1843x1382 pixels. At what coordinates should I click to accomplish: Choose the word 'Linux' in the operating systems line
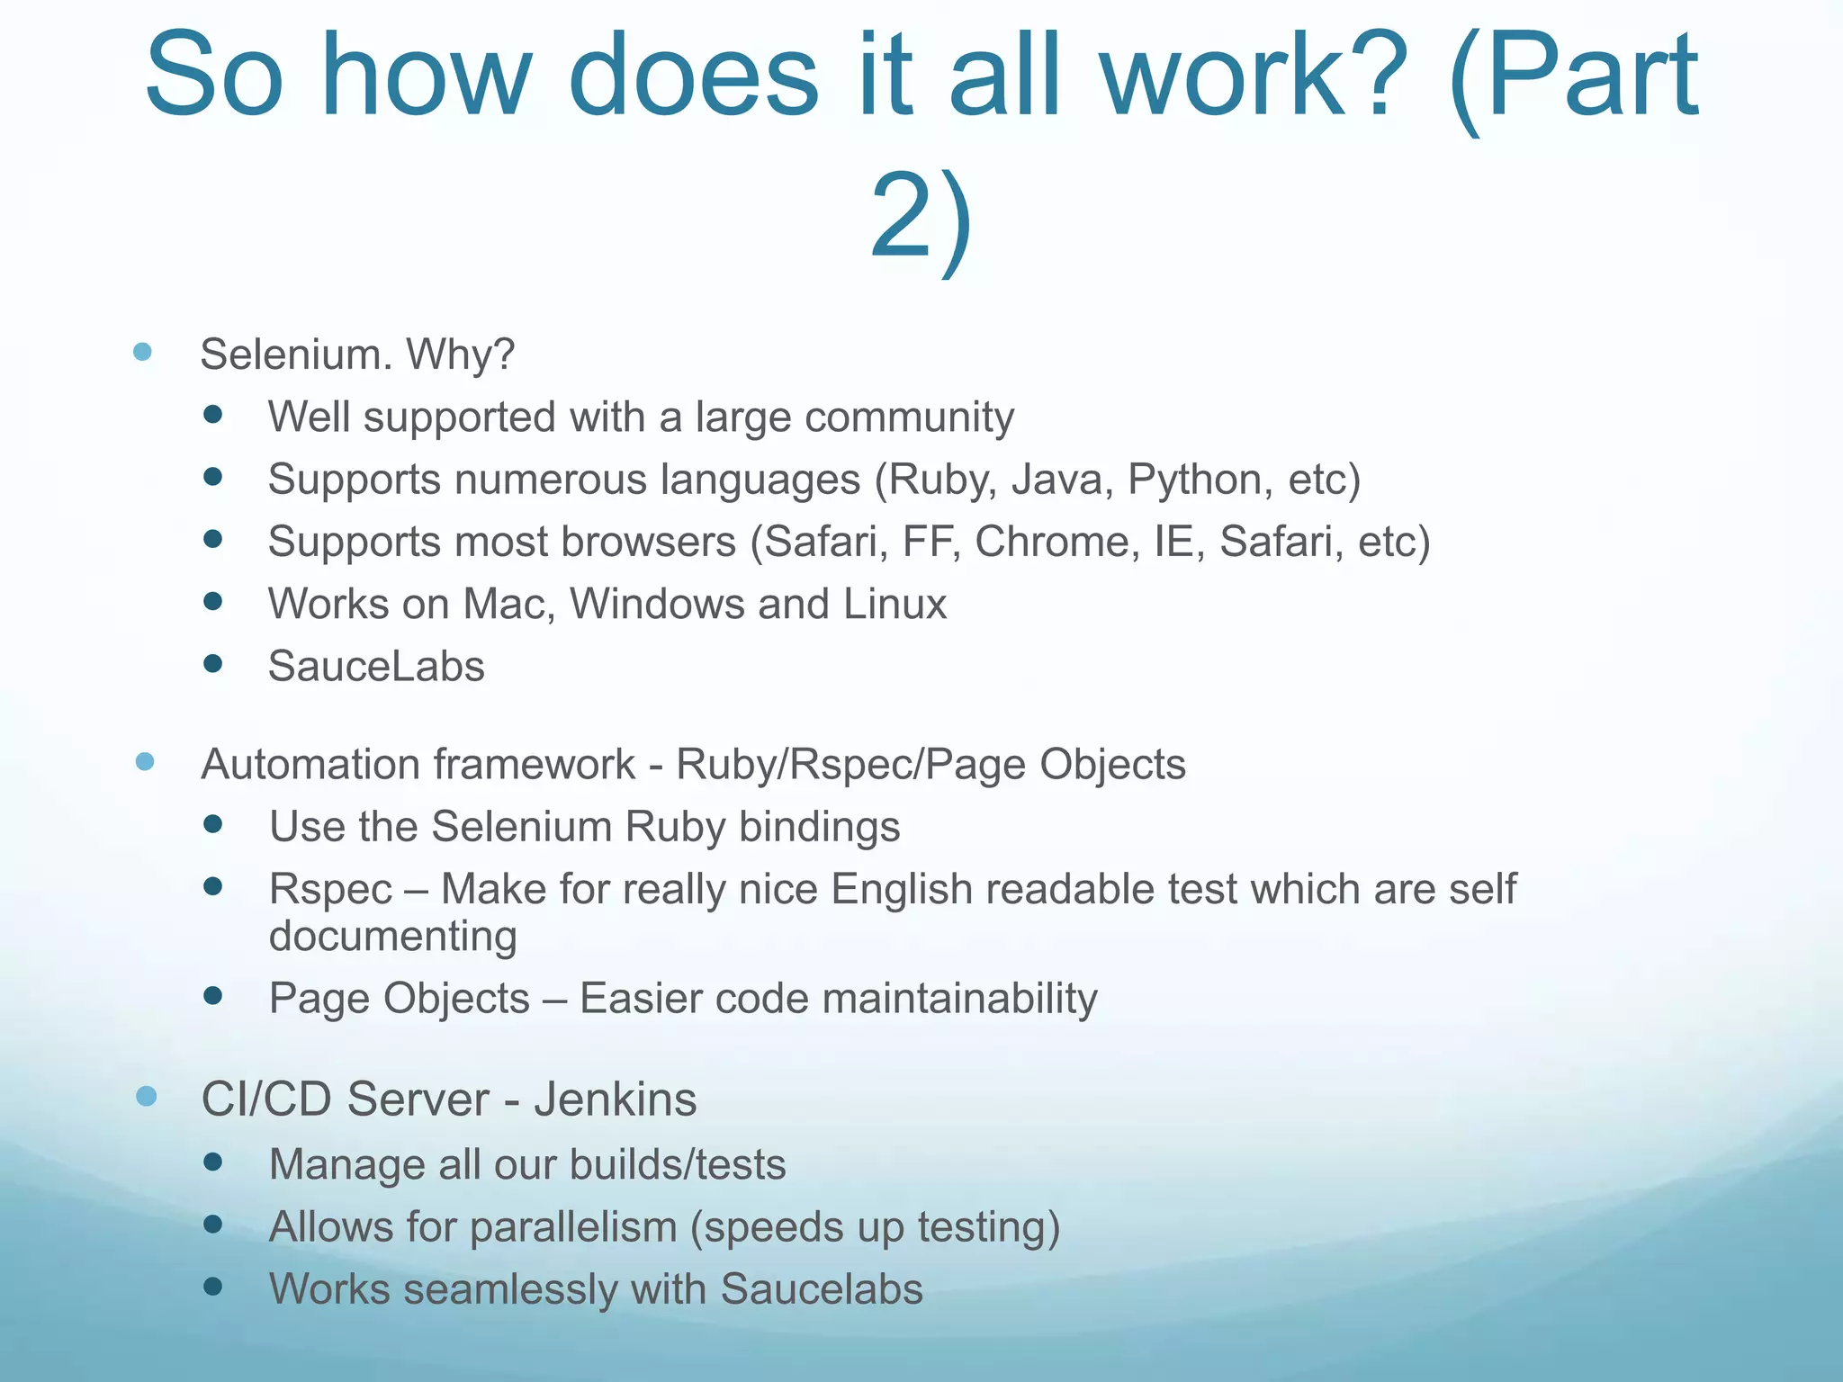tap(895, 604)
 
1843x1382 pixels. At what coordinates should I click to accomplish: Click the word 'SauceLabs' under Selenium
tap(376, 667)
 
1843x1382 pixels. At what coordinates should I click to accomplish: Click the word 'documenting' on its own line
tap(393, 937)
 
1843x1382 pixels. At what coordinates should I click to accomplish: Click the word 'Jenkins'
tap(616, 1099)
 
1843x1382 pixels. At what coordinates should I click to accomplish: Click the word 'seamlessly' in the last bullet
tap(509, 1289)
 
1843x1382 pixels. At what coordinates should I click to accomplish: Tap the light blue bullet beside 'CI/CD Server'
tap(146, 1096)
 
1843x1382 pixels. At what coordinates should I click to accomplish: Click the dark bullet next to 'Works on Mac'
tap(213, 601)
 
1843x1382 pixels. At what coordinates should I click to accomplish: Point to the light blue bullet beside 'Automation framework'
tap(145, 762)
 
